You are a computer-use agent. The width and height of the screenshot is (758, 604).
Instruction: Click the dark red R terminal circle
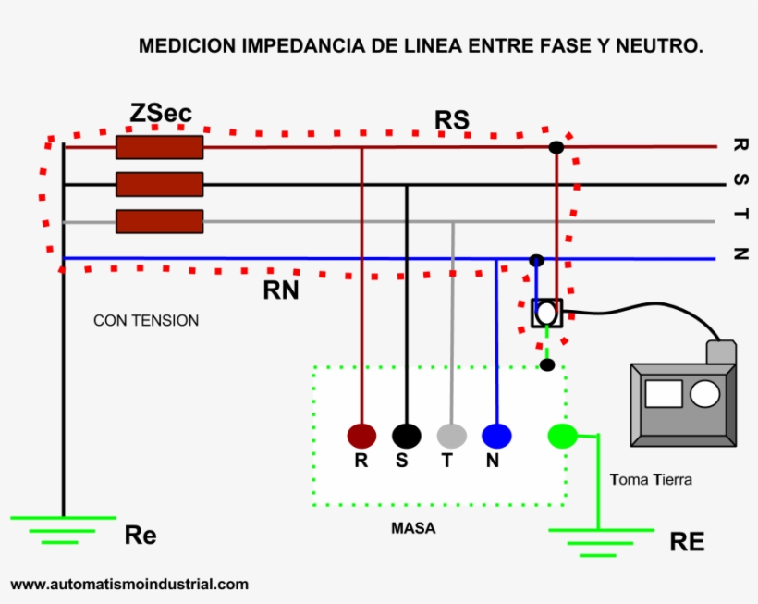(361, 436)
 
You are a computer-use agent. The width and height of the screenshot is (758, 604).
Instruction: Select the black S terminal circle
(406, 436)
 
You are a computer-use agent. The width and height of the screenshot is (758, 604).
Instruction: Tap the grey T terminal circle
(451, 436)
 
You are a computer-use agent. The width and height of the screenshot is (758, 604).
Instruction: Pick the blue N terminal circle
(496, 436)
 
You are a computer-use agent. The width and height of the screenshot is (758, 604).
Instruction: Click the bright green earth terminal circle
(561, 436)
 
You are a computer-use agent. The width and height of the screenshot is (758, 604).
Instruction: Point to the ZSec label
(161, 113)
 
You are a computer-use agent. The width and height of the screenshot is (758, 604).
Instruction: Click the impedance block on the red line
(159, 147)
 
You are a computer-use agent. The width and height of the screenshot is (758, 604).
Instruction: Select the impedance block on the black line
(159, 184)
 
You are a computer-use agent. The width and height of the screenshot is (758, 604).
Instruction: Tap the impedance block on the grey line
(159, 221)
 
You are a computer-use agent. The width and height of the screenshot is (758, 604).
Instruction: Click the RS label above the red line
(452, 120)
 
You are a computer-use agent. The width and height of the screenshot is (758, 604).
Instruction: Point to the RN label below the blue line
(281, 290)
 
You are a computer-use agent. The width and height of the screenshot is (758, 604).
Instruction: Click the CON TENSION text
(146, 321)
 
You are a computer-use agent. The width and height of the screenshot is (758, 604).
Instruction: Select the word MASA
(413, 529)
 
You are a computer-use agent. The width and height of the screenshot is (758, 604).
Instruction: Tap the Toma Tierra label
(651, 480)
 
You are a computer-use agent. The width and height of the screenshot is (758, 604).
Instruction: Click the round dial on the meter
(704, 394)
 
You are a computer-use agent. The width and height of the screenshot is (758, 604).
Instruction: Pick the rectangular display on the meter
(663, 394)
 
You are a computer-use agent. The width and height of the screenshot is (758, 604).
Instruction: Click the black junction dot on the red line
(556, 147)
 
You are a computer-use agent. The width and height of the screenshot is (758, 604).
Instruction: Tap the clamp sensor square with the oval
(546, 314)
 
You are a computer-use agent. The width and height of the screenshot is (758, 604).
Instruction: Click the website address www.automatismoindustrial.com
(129, 585)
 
